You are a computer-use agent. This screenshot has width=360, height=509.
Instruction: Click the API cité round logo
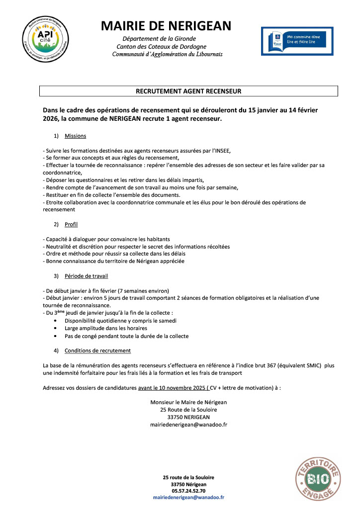tap(43, 39)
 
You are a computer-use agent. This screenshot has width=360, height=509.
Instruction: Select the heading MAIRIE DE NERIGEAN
tap(166, 26)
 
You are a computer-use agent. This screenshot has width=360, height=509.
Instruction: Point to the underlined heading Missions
tap(75, 136)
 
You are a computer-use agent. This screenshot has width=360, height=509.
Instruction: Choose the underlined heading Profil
tap(71, 224)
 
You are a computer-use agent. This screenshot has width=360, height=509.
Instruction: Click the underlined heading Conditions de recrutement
tap(97, 350)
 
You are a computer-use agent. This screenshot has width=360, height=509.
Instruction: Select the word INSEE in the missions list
tap(221, 151)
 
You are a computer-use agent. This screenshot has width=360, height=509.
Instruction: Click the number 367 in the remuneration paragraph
tap(263, 366)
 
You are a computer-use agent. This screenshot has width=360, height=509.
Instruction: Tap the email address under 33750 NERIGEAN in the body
tap(188, 425)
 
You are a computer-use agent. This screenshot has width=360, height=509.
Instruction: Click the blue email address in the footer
tap(188, 497)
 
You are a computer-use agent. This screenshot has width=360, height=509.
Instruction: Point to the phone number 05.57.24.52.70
tap(188, 491)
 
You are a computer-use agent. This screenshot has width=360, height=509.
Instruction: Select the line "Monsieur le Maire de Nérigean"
tap(188, 402)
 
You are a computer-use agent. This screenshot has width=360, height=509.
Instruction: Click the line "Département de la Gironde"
tap(159, 39)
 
